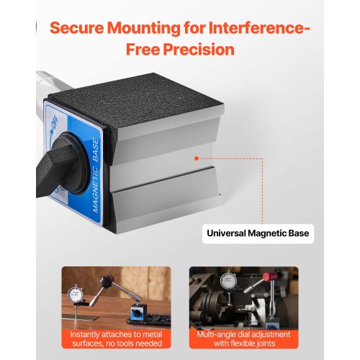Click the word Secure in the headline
(x=77, y=28)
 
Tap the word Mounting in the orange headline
(x=144, y=29)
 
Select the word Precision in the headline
(x=199, y=50)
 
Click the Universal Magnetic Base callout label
(x=258, y=233)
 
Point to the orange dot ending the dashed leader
(x=197, y=158)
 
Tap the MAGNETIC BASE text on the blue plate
(x=95, y=176)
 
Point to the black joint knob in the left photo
(x=107, y=282)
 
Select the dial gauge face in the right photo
(x=228, y=280)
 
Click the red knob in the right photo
(x=271, y=276)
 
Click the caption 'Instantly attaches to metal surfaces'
(x=117, y=339)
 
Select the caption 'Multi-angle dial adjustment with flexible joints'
(x=244, y=339)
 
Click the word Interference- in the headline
(x=259, y=28)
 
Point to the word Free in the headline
(x=143, y=50)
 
